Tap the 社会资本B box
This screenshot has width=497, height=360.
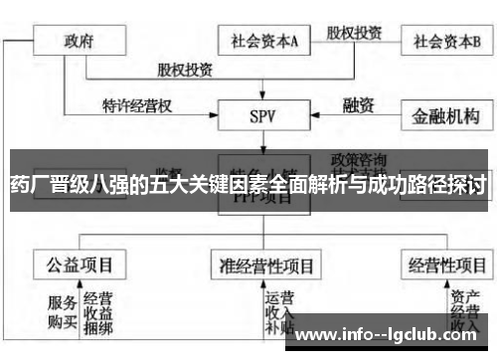tap(445, 42)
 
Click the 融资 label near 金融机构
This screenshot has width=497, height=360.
tap(357, 103)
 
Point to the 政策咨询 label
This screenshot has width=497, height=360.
tap(361, 158)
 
